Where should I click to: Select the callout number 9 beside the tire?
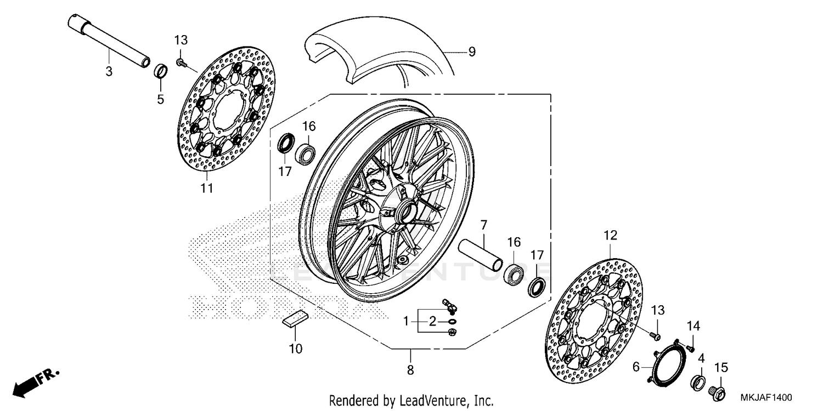[471, 52]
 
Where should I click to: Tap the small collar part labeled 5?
[160, 71]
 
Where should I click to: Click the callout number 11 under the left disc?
[206, 189]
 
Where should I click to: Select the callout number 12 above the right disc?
[610, 236]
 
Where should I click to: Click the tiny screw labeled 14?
[691, 347]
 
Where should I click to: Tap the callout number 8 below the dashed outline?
[410, 370]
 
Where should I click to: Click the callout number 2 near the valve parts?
[432, 322]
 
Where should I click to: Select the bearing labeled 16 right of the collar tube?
[514, 273]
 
